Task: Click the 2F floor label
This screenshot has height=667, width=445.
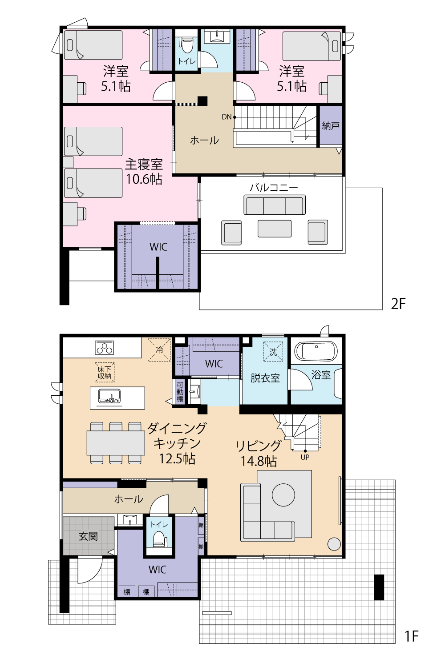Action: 398,304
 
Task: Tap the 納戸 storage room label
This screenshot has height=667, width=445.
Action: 331,126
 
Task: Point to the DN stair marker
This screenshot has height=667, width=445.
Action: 227,117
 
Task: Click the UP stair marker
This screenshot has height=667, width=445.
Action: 305,458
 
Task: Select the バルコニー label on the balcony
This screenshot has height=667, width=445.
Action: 274,188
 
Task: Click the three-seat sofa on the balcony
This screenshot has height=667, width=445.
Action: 275,205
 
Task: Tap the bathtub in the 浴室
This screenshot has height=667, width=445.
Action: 316,351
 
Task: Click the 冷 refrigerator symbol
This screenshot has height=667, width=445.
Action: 159,350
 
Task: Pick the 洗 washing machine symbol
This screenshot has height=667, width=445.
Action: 273,352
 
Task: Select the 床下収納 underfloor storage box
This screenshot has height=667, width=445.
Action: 105,372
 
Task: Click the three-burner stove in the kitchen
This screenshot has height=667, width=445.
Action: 104,347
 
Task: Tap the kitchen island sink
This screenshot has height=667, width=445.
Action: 109,397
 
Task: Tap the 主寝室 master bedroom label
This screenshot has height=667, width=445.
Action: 144,165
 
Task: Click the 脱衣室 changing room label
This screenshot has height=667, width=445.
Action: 265,378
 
